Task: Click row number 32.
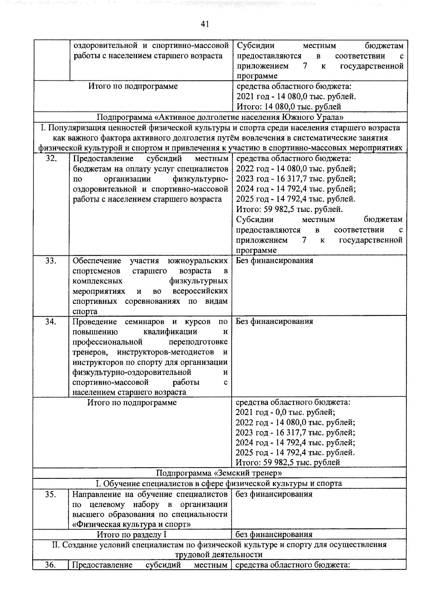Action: [51, 159]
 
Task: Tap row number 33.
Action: [51, 261]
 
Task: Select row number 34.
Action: [51, 322]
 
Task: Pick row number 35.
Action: [51, 494]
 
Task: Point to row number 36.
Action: [51, 565]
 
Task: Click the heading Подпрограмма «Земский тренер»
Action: [219, 473]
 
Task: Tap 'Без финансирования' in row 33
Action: [274, 260]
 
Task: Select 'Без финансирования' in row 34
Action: [274, 321]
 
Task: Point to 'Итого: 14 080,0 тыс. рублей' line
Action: [289, 106]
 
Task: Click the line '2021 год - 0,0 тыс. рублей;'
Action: [285, 412]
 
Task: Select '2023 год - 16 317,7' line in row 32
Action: [296, 179]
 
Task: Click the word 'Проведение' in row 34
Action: [95, 322]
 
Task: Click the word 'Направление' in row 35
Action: [96, 494]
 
